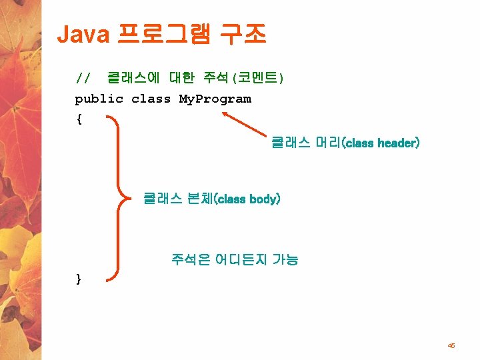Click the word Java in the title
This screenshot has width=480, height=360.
tap(83, 35)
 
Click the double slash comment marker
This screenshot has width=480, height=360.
tap(83, 79)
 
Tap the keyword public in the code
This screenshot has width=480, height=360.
tap(99, 99)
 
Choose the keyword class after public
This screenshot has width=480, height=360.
tap(151, 99)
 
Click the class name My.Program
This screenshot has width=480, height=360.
tap(215, 99)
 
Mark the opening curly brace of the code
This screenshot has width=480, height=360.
tap(79, 120)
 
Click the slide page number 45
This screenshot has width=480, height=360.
tap(451, 345)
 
